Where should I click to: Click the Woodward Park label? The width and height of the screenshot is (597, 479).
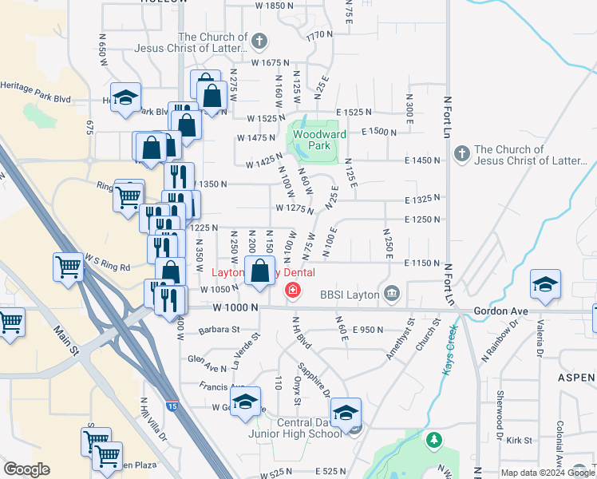tap(319, 141)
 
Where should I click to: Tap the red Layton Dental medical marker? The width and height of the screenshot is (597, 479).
tap(293, 290)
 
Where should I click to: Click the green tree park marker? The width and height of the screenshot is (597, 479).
tap(433, 440)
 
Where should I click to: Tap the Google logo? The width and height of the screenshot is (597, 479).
tap(26, 469)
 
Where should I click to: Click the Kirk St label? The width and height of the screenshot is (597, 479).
tap(519, 440)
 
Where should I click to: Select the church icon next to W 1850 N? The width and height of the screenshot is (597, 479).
tap(259, 42)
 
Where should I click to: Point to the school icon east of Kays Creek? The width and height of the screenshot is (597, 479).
tap(545, 283)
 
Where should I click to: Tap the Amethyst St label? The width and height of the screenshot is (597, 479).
tap(401, 340)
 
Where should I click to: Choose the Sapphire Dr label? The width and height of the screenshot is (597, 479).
tap(314, 380)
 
